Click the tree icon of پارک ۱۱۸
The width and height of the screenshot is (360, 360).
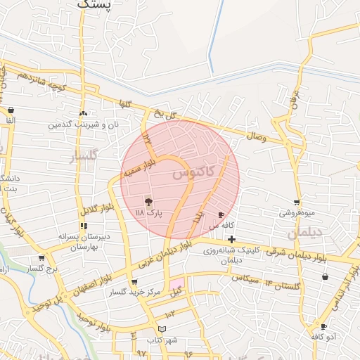[148, 202]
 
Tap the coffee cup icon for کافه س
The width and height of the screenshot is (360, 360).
[221, 214]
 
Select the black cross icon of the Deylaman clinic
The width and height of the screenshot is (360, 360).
[231, 239]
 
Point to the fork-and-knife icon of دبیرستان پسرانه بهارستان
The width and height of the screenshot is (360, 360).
[84, 226]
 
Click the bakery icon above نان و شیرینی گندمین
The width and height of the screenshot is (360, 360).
[84, 112]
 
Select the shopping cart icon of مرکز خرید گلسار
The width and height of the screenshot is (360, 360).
[134, 281]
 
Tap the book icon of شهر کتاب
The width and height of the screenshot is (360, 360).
[162, 329]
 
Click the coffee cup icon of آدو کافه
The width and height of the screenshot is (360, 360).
[323, 326]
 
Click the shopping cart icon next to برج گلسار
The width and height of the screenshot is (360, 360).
[41, 258]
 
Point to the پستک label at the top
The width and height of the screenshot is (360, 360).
[95, 5]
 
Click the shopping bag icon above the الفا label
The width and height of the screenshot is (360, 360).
[11, 110]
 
